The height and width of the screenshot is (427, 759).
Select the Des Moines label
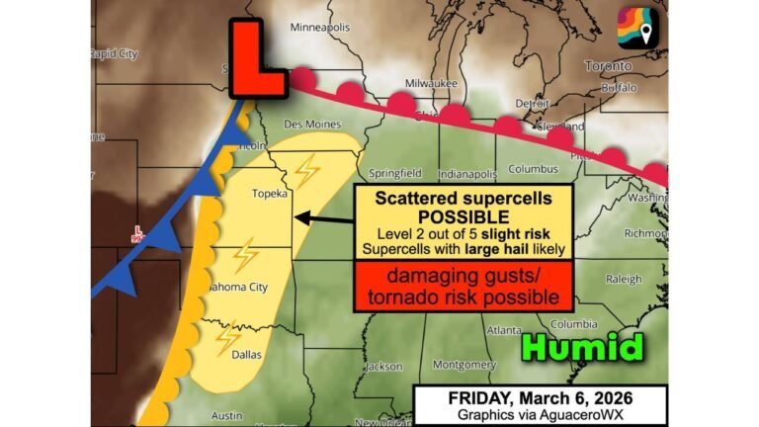tap(312, 125)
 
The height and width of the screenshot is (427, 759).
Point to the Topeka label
tap(269, 194)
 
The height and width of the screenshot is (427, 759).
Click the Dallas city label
tap(245, 353)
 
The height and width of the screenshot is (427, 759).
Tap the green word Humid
tap(584, 347)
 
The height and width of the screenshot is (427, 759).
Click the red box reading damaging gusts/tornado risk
tap(464, 285)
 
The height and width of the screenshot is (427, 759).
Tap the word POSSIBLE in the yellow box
tap(464, 216)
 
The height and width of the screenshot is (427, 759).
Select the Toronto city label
tap(606, 66)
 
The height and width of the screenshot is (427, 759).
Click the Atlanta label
tap(503, 330)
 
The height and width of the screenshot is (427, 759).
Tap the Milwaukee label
tap(433, 84)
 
